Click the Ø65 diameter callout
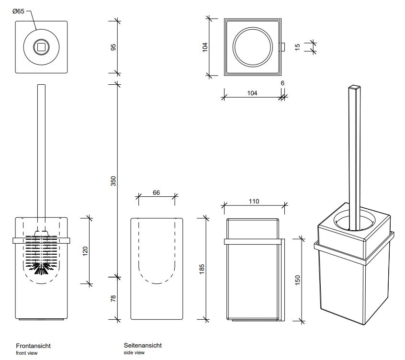click(x=18, y=11)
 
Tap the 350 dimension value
click(x=113, y=181)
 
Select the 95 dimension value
click(x=113, y=47)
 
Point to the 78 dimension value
click(x=113, y=299)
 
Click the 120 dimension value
click(x=85, y=251)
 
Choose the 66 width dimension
click(x=156, y=192)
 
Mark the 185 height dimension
click(x=202, y=269)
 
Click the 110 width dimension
click(x=254, y=201)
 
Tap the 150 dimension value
click(x=298, y=280)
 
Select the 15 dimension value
click(x=298, y=47)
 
